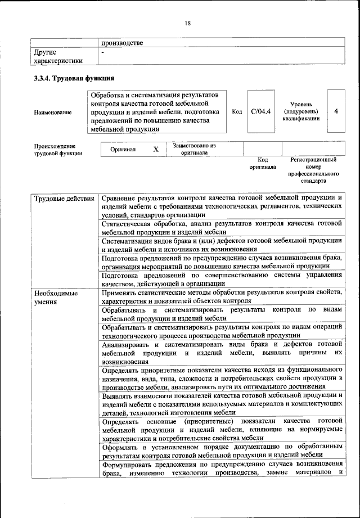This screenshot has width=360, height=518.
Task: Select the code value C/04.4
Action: click(x=261, y=111)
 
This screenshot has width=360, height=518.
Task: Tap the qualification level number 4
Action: click(x=336, y=111)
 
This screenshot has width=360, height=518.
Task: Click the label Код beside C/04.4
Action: click(x=237, y=111)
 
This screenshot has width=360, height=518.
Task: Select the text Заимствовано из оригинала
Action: click(x=194, y=149)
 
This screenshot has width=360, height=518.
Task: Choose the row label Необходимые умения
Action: click(x=56, y=298)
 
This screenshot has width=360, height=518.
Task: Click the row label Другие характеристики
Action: click(x=58, y=56)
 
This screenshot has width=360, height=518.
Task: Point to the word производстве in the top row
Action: click(x=122, y=43)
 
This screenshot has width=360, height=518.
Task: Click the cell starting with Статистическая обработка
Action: click(x=222, y=228)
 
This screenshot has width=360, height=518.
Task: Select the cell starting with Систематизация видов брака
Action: click(x=222, y=246)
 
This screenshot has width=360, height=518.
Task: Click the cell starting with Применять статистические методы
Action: click(x=222, y=296)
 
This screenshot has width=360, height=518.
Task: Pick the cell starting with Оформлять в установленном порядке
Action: click(x=222, y=450)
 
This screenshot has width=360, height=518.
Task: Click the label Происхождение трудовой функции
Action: click(x=58, y=149)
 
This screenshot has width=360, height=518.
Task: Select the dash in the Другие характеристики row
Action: click(x=103, y=52)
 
